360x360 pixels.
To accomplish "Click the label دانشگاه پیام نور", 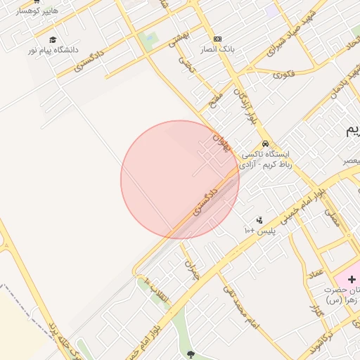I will point(52,51).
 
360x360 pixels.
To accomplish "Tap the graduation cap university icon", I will point(53,39).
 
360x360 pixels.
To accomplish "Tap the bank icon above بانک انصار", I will point(217,39).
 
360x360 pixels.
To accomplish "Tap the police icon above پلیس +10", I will point(259,220).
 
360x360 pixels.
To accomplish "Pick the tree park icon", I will point(191,354).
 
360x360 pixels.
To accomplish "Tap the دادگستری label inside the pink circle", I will point(212,198).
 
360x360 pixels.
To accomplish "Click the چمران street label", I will point(191,270).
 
